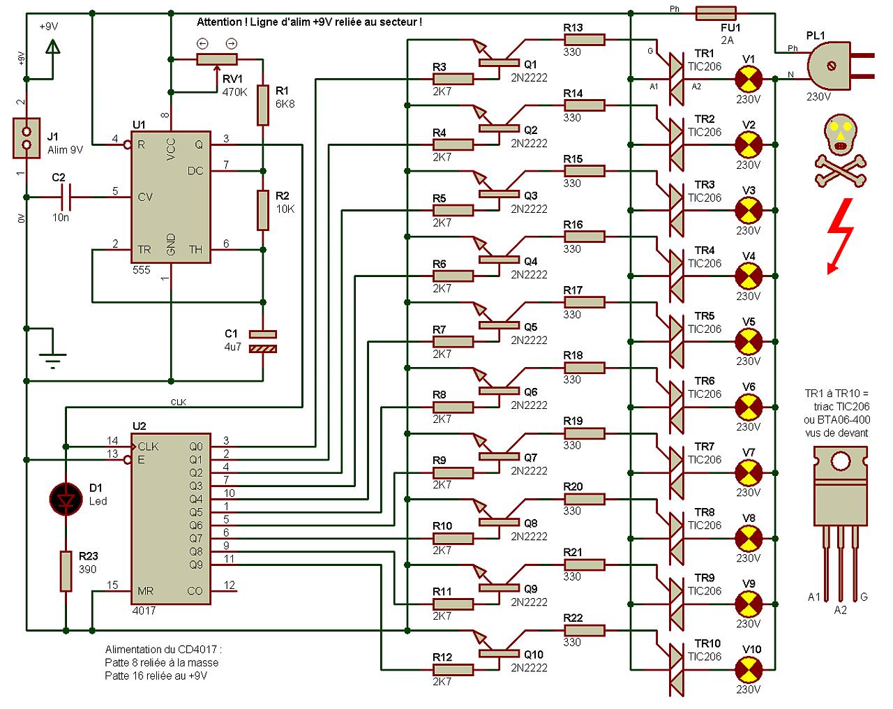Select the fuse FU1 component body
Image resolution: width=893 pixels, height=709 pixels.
(x=716, y=13)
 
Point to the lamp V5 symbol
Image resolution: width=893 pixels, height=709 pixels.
(x=749, y=341)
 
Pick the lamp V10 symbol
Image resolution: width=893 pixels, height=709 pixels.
(x=749, y=669)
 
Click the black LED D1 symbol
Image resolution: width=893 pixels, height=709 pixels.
(x=66, y=498)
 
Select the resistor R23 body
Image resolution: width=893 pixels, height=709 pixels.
(x=66, y=571)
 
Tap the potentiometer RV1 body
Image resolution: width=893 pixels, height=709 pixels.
(x=218, y=59)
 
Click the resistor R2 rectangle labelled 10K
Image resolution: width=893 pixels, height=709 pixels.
(x=262, y=210)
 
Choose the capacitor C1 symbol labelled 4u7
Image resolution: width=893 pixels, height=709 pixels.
(x=262, y=341)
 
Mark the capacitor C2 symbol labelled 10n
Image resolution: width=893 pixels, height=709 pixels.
(x=66, y=197)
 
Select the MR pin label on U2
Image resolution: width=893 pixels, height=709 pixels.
(x=146, y=591)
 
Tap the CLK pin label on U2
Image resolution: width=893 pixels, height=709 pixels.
(x=149, y=447)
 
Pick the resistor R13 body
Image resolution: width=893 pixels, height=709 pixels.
(x=584, y=40)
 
